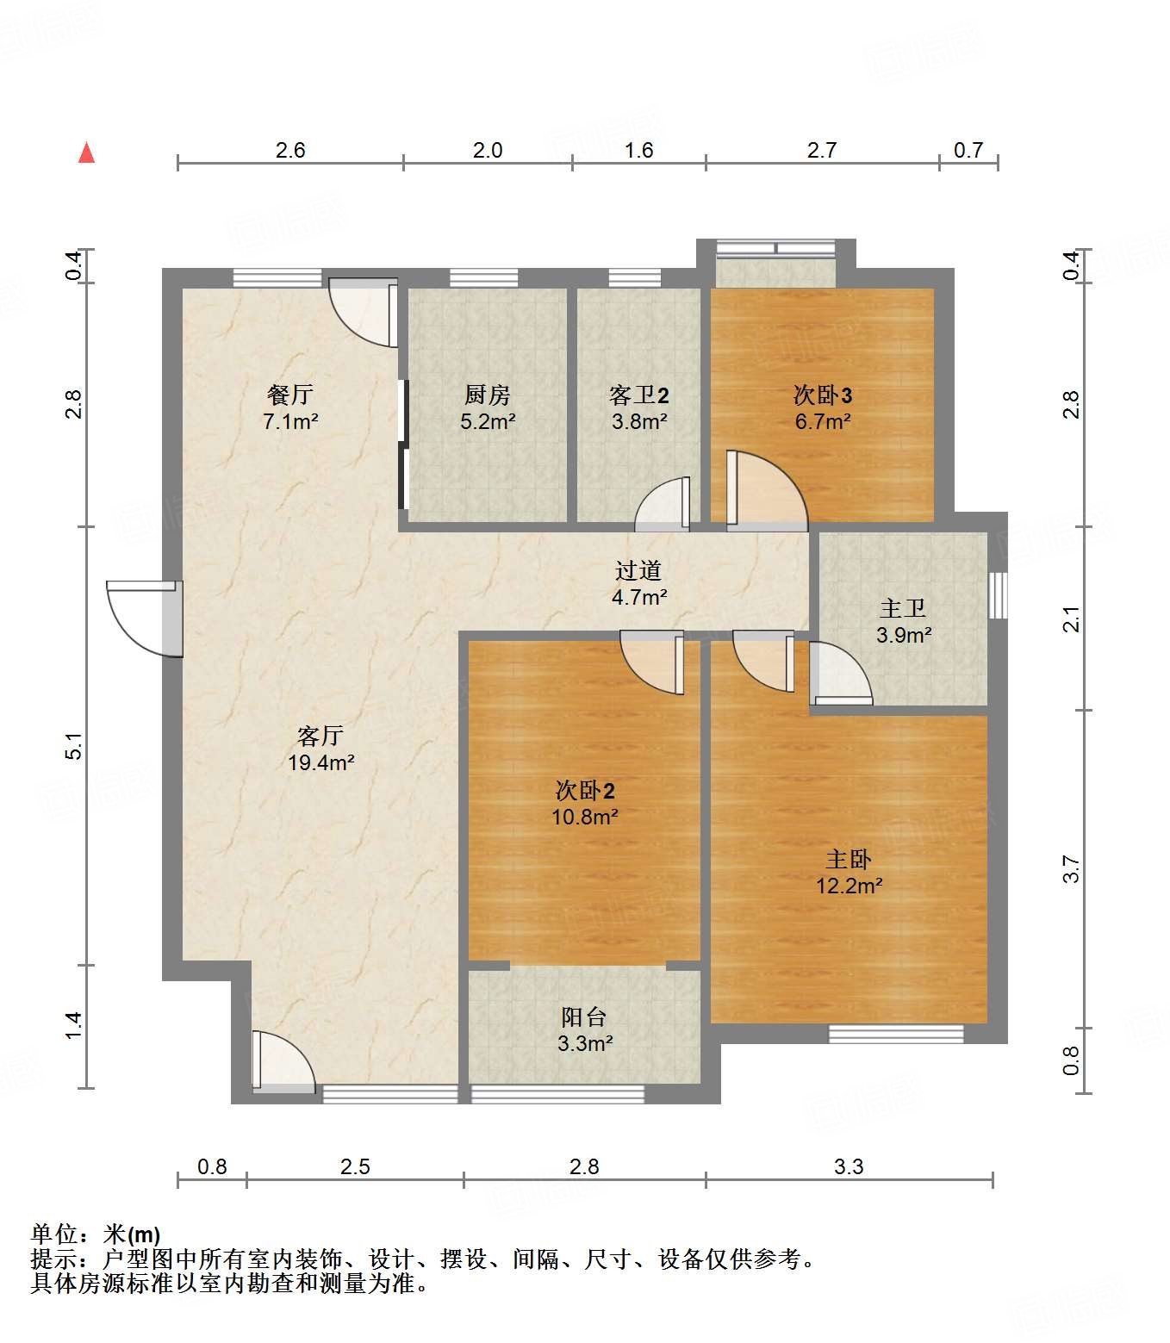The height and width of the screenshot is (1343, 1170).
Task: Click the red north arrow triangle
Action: pos(86,153)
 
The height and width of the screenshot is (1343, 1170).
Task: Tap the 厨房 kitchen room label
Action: pos(488,395)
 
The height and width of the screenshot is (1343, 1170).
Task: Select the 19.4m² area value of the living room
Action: pos(321,762)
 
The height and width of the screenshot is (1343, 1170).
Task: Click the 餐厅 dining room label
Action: pos(290,395)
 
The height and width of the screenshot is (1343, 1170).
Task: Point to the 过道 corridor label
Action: pos(638,570)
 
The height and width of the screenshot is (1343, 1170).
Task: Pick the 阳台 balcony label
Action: pos(584,1017)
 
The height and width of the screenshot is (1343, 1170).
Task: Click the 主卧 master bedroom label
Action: pos(849,860)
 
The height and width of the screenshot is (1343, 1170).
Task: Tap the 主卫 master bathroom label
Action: pos(903,609)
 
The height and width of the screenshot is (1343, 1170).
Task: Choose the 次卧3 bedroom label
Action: pos(823,395)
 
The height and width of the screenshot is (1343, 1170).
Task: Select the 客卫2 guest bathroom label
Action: pos(639,395)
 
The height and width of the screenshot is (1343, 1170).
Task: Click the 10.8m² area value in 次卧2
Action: pos(585,817)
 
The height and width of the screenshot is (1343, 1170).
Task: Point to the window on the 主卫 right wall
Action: pos(998,595)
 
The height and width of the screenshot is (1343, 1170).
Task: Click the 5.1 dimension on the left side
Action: pos(75,746)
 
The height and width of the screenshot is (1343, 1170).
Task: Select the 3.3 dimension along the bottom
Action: pos(849,1166)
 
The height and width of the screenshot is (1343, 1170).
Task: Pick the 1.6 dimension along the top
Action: pos(638,151)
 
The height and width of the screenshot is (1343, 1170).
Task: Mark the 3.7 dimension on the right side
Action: pos(1071,868)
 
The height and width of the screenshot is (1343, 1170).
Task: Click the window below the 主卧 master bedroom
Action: pos(896,1034)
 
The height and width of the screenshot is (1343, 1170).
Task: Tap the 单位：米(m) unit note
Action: pos(96,1235)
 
